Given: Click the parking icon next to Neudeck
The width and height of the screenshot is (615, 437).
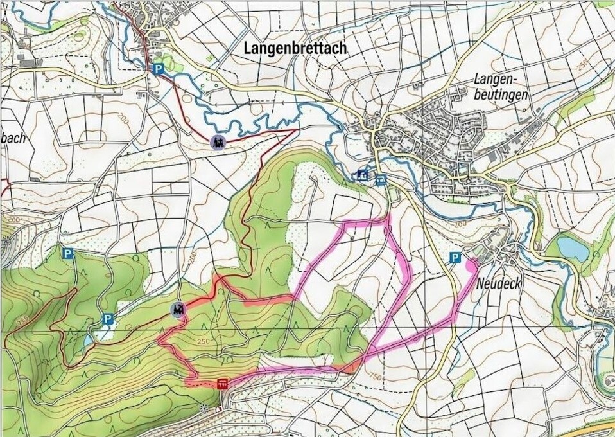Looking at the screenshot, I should point(455,258).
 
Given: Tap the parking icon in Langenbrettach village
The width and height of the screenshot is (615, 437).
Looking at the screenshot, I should point(158,68).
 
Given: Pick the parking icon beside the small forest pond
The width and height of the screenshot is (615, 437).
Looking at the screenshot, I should point(108,319).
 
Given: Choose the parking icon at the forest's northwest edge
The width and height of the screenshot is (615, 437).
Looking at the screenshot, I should point(67,254).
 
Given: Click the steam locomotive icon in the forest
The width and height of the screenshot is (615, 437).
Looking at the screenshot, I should point(177,310).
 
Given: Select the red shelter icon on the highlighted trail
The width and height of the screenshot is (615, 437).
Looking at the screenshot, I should point(223,384).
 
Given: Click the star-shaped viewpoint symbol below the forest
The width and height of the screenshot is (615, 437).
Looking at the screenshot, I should point(204,407).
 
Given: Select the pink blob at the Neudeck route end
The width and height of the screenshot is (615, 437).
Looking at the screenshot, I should point(471,263).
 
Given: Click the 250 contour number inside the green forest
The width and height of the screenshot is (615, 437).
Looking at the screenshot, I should point(205,341).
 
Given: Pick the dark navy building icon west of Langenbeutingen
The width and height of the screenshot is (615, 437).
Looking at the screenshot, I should point(363,174).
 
